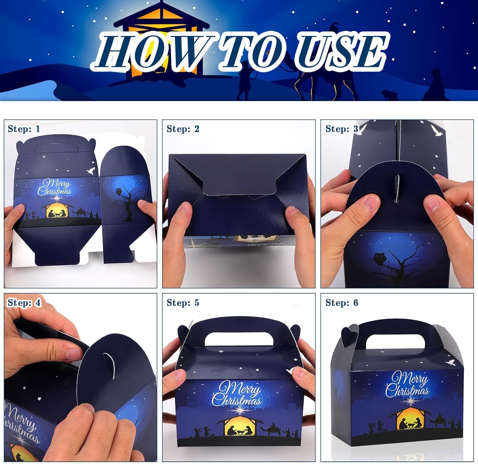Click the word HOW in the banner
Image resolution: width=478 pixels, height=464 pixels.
tap(145, 51)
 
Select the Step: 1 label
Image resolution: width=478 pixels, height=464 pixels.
tap(24, 129)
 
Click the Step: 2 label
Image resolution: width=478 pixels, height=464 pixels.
tap(183, 129)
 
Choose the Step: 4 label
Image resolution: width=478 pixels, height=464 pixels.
tap(24, 302)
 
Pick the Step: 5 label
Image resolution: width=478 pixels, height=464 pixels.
tap(183, 302)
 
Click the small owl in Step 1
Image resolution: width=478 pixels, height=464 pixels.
tap(119, 192)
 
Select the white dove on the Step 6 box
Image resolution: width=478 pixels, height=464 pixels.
tap(451, 362)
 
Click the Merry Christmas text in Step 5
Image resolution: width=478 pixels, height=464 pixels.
tap(236, 395)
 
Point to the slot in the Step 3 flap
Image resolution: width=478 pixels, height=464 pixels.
tap(396, 188)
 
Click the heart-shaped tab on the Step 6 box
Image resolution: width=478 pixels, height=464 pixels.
tap(350, 335)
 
